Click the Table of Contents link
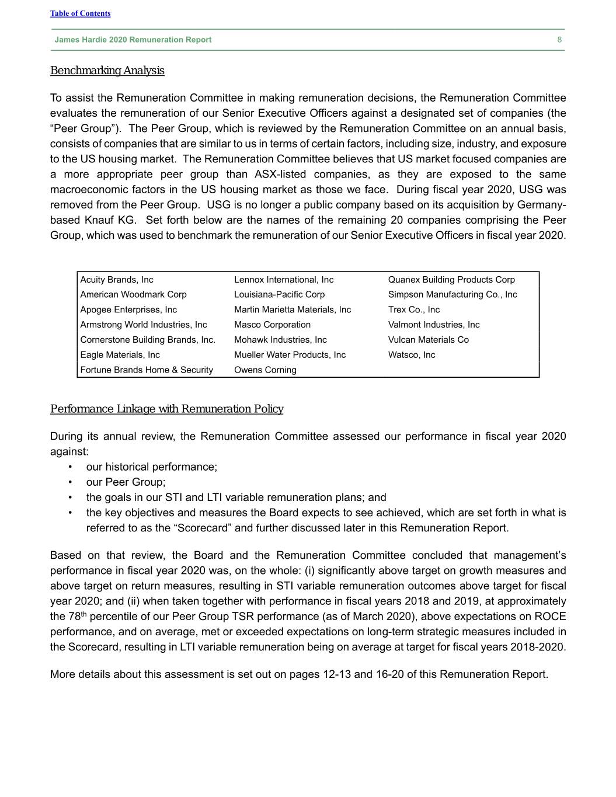tap(80, 13)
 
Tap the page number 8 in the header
tap(559, 40)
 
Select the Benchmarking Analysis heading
tap(107, 71)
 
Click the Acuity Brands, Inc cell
tap(117, 280)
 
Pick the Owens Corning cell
tap(265, 370)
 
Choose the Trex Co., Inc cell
tap(414, 309)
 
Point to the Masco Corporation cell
tap(272, 325)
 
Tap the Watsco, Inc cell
tap(412, 354)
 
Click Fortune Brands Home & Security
tap(147, 370)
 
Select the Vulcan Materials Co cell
tap(428, 340)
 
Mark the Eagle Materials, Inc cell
tap(120, 354)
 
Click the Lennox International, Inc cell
tap(284, 280)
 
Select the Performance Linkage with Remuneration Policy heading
tap(166, 409)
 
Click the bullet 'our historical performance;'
tap(151, 467)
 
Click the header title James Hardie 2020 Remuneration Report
tap(133, 40)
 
